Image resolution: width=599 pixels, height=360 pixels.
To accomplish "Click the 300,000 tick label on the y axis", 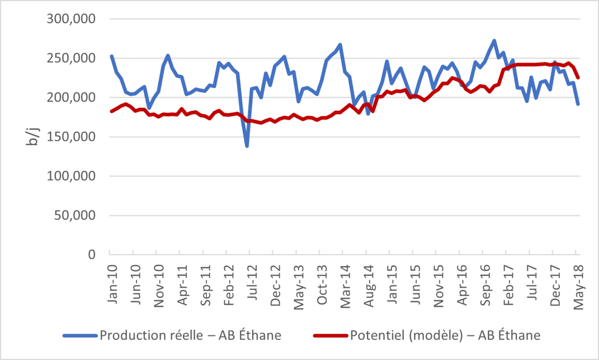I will pos(74,19).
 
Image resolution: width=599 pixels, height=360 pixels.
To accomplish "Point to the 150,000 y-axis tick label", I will pos(74,137).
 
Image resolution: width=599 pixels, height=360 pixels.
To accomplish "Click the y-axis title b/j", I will pos(31,136).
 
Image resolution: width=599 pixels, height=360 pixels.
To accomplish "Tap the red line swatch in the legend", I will pos(330,336).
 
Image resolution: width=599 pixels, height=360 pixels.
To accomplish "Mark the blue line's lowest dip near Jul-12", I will pos(247,146).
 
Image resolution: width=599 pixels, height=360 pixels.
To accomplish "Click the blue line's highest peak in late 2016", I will pos(494,41).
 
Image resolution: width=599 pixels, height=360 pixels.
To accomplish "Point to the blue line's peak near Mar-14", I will pos(340,45).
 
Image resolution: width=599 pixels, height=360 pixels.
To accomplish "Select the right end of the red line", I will pos(578,77).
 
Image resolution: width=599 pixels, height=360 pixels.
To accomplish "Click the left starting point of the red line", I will pos(111,111).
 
